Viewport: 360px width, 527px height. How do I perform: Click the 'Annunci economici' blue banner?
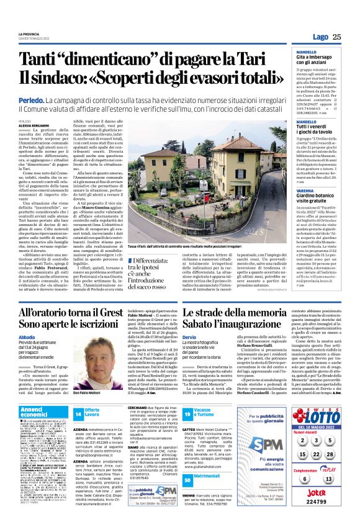click(x=42, y=412)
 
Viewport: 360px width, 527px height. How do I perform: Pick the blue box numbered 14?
click(x=78, y=414)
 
